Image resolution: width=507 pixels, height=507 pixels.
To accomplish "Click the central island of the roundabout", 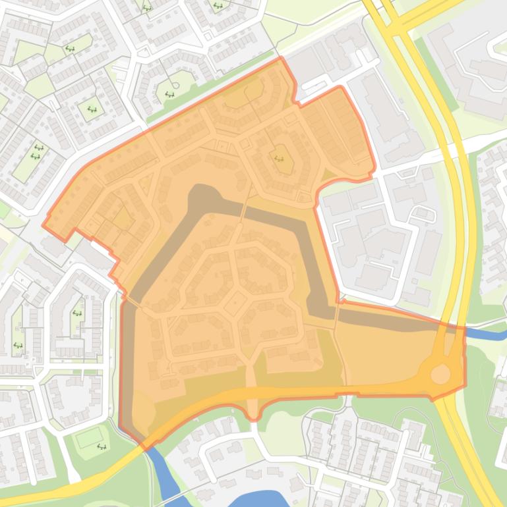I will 440,374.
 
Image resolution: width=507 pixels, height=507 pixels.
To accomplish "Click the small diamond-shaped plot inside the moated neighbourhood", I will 236,302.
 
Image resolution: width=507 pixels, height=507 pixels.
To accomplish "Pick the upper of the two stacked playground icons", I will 38,148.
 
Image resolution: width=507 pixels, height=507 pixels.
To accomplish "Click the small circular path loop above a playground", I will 175,85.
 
